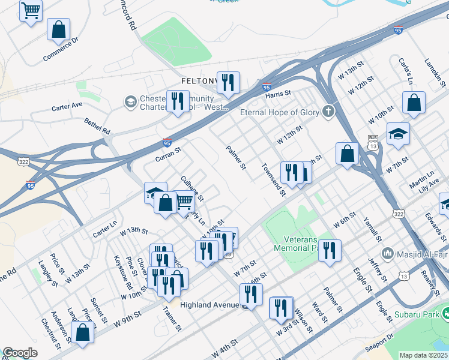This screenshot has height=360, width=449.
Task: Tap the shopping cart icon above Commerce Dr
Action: pos(31,10)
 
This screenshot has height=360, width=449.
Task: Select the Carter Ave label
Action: pos(67,105)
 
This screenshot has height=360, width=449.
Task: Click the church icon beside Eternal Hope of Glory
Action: pos(328,112)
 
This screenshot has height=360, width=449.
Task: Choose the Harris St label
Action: pos(278,94)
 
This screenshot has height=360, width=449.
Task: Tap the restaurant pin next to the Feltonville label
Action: pos(228,83)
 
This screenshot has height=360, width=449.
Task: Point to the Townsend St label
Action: pos(273,179)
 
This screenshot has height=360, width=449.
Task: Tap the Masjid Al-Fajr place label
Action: pos(420,253)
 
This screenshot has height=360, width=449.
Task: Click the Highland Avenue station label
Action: pos(204,305)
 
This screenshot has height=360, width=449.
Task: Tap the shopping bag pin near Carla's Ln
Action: pos(414,103)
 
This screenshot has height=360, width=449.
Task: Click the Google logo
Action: pos(20,353)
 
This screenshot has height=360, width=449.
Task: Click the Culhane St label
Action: pos(193,188)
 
